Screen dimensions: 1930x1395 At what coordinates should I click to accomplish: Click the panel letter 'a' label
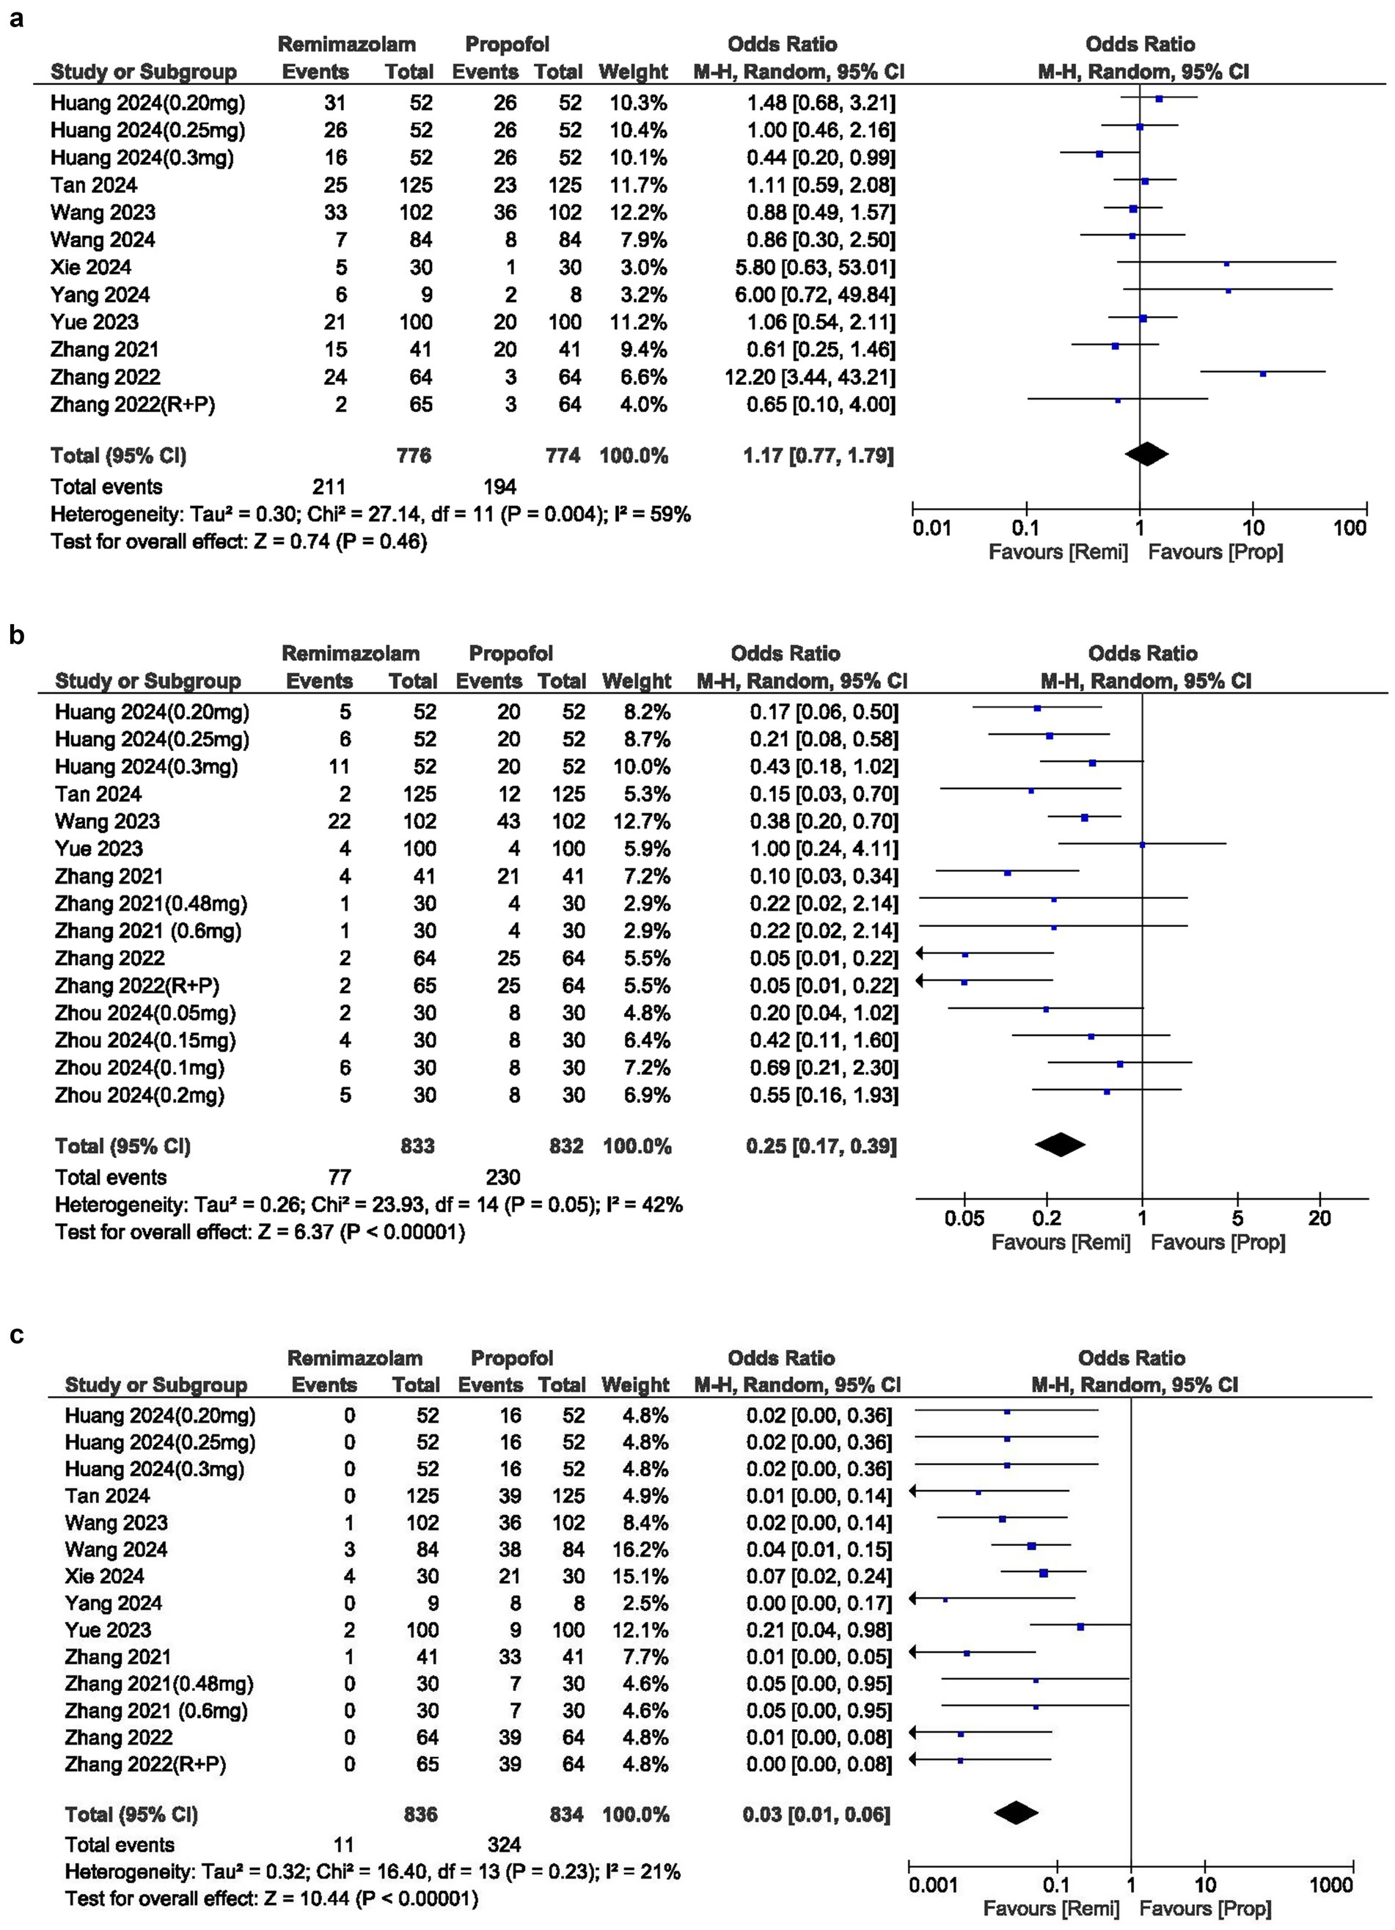pyautogui.click(x=16, y=18)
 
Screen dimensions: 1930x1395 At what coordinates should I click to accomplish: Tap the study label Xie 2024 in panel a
pyautogui.click(x=90, y=267)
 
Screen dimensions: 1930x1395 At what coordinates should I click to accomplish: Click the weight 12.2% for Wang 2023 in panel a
pyautogui.click(x=637, y=213)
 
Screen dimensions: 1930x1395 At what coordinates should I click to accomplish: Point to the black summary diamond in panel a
pyautogui.click(x=1146, y=455)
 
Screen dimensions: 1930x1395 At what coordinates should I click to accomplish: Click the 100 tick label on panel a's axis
pyautogui.click(x=1349, y=528)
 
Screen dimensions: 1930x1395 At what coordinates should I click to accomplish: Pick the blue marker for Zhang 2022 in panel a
pyautogui.click(x=1262, y=373)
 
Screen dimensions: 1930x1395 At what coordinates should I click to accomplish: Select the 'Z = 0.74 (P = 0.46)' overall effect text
pyautogui.click(x=340, y=541)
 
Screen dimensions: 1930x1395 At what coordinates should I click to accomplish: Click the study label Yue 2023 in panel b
pyautogui.click(x=99, y=848)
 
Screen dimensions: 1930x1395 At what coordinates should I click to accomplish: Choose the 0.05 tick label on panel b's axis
pyautogui.click(x=964, y=1218)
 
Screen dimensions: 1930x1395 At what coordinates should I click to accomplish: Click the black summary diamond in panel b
pyautogui.click(x=1060, y=1145)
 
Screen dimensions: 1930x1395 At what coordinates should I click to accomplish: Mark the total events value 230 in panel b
pyautogui.click(x=502, y=1177)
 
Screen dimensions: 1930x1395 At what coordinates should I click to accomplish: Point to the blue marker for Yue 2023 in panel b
pyautogui.click(x=1142, y=845)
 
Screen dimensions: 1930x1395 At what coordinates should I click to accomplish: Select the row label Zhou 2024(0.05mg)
pyautogui.click(x=144, y=1013)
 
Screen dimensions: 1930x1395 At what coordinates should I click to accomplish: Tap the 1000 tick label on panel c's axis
pyautogui.click(x=1331, y=1885)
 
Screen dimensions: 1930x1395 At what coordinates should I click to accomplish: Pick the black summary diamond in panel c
pyautogui.click(x=1017, y=1813)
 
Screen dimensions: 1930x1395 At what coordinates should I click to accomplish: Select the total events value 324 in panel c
pyautogui.click(x=504, y=1845)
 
